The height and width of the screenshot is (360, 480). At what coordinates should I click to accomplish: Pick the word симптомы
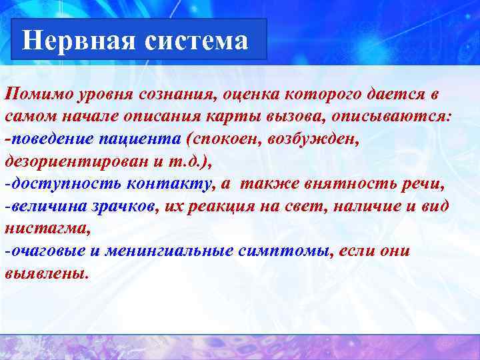click(x=292, y=251)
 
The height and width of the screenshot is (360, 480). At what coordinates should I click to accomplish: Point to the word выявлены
click(x=45, y=273)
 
